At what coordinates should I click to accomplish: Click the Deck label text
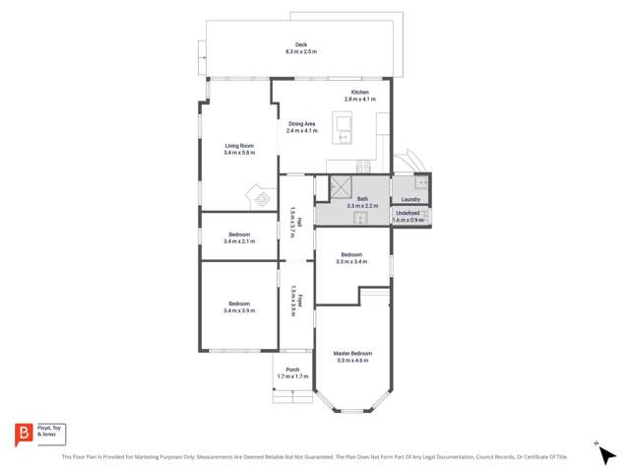click(x=301, y=44)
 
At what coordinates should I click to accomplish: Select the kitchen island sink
click(x=344, y=124)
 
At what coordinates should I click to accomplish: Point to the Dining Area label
click(x=302, y=124)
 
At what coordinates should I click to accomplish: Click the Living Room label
click(x=239, y=146)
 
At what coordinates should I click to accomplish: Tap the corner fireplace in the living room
click(x=263, y=198)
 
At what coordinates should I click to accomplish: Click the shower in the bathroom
click(x=340, y=185)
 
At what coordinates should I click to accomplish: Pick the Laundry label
click(x=410, y=198)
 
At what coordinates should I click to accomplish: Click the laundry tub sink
click(x=420, y=181)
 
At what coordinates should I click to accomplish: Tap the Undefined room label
click(x=409, y=213)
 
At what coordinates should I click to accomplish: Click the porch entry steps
click(x=292, y=393)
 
